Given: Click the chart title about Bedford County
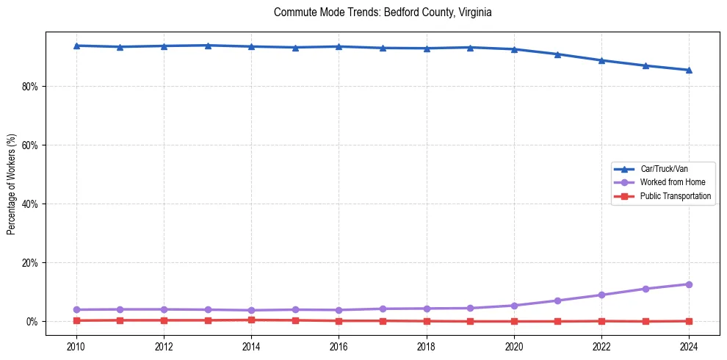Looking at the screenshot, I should (383, 12).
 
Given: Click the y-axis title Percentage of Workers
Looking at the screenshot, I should (12, 184).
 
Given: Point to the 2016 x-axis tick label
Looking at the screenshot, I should (339, 346).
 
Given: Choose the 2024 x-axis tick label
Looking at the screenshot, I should (689, 346).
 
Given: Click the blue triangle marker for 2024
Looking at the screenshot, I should (689, 70).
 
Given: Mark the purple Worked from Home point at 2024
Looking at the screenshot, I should (689, 284).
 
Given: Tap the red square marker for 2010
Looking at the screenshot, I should (76, 320).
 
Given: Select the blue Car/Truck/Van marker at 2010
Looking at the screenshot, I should (76, 46).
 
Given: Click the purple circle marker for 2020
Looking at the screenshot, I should (514, 306).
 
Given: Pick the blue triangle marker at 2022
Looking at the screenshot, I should (601, 60).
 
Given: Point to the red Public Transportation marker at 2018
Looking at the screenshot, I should (427, 321).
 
